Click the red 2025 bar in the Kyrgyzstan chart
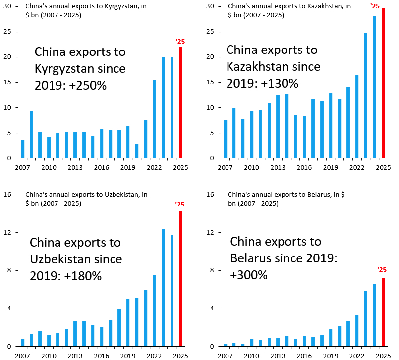click(x=181, y=103)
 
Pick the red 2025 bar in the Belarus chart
click(x=383, y=312)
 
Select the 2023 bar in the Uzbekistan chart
click(x=163, y=288)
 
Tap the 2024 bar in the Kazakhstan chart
click(x=375, y=87)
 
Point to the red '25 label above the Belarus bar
click(x=382, y=270)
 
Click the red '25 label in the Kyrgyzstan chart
click(x=180, y=41)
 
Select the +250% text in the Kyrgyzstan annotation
click(x=89, y=85)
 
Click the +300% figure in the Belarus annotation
click(x=249, y=275)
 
